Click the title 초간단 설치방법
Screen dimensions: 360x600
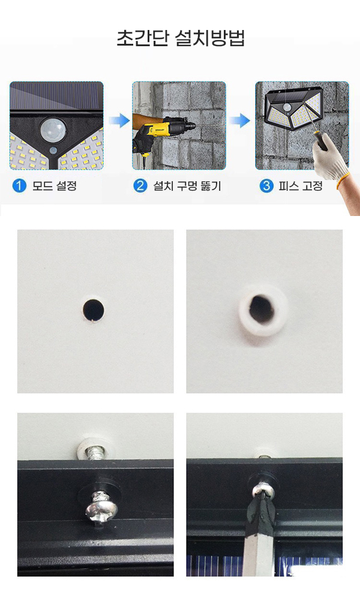coord(180,38)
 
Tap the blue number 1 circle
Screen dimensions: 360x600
coord(19,186)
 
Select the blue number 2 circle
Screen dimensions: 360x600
coord(140,186)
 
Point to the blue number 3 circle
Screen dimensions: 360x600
coord(266,186)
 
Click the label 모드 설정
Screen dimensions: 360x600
coord(55,186)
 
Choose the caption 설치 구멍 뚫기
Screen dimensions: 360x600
coord(187,186)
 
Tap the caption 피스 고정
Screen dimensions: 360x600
coord(301,186)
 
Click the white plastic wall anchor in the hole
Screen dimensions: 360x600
coord(263,309)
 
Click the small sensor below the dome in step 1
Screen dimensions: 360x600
coord(54,150)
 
